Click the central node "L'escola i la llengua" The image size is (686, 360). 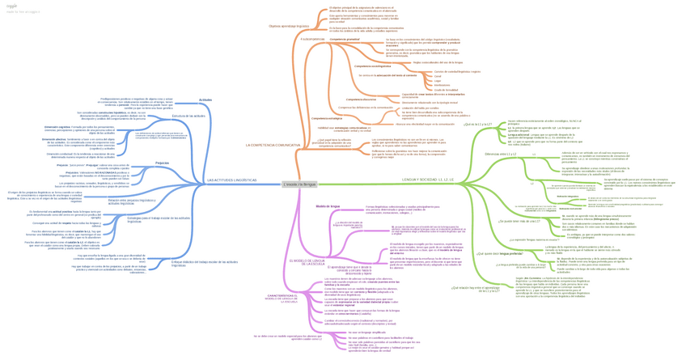pyautogui.click(x=299, y=184)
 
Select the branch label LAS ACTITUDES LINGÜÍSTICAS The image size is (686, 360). pyautogui.click(x=231, y=180)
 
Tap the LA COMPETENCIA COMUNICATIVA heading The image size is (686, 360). pyautogui.click(x=273, y=145)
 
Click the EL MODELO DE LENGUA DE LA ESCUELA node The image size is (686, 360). pyautogui.click(x=307, y=261)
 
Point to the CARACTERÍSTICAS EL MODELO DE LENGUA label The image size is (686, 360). pyautogui.click(x=282, y=299)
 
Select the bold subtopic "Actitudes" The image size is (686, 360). pyautogui.click(x=205, y=100)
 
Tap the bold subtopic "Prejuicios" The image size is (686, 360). pyautogui.click(x=162, y=163)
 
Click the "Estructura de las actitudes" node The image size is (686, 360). pyautogui.click(x=188, y=116)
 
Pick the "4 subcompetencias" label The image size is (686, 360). pyautogui.click(x=311, y=38)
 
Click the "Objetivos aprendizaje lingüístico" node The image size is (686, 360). pyautogui.click(x=289, y=26)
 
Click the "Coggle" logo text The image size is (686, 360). pyautogui.click(x=12, y=6)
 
